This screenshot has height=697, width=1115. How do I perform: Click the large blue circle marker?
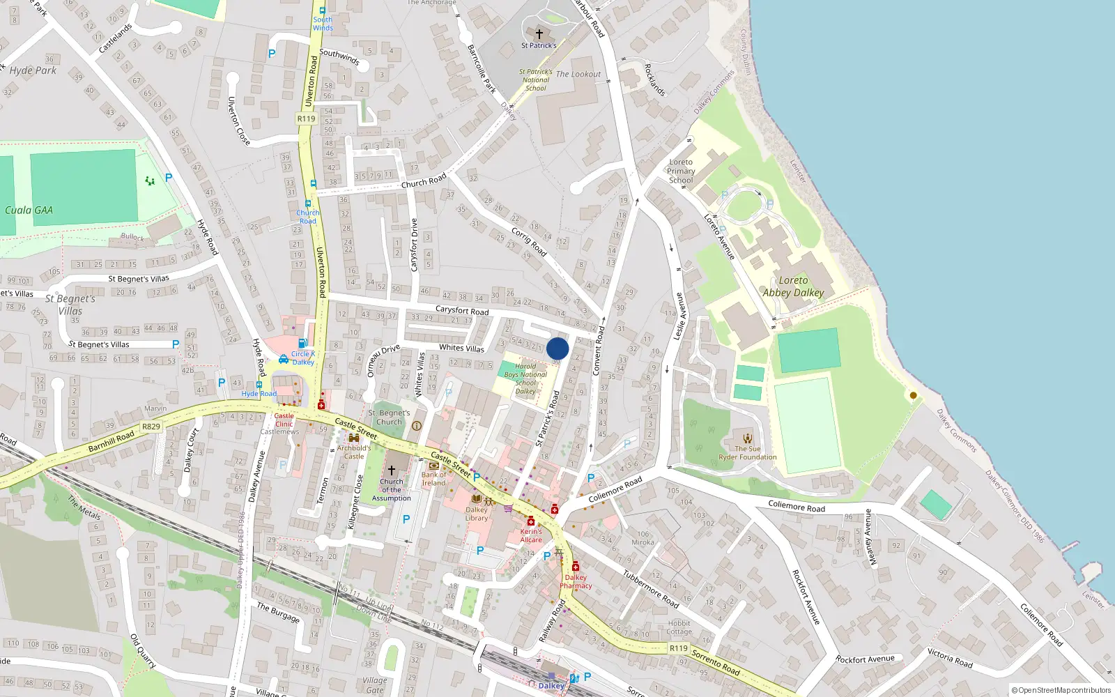(557, 348)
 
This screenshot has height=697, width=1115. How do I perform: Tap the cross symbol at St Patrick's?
(539, 33)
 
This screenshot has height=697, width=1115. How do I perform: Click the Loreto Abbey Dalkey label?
(793, 286)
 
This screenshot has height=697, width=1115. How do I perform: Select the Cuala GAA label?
(29, 210)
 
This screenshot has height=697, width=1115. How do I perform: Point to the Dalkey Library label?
(477, 514)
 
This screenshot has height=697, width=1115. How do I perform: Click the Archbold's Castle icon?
(354, 438)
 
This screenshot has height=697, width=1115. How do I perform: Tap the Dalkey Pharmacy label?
(576, 581)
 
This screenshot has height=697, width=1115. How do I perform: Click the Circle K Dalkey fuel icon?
(303, 343)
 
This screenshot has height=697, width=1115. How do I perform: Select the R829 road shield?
(151, 427)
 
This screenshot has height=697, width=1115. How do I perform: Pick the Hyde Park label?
(33, 70)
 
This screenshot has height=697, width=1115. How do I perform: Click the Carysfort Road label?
(462, 310)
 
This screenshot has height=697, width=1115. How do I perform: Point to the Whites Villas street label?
(461, 348)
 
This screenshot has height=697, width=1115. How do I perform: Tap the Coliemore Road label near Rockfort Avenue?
(796, 507)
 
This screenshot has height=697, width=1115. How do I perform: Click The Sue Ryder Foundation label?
(747, 453)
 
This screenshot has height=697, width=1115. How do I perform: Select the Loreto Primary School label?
(681, 171)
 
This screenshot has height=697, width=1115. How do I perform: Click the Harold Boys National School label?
(525, 378)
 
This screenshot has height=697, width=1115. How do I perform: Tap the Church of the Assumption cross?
(392, 470)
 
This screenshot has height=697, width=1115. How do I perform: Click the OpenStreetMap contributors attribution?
(1061, 690)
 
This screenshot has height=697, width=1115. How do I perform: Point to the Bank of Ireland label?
(433, 479)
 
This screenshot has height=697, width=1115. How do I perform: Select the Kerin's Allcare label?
(530, 535)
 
